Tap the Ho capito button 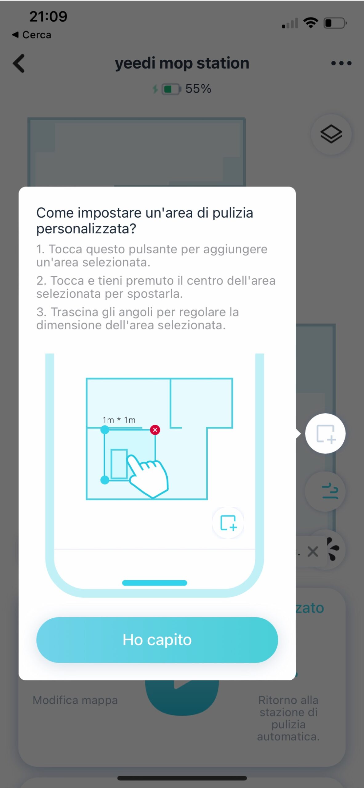(x=157, y=640)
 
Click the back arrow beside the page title (x=19, y=63)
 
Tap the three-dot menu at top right (x=341, y=63)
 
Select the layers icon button (x=331, y=134)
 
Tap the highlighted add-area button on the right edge (x=325, y=433)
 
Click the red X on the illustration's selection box (x=155, y=430)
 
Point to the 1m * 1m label (x=119, y=420)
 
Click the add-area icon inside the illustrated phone (x=228, y=523)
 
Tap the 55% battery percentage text (x=198, y=89)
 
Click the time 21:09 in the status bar (x=48, y=16)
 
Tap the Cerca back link (x=32, y=35)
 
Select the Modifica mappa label (x=75, y=700)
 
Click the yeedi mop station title (x=182, y=63)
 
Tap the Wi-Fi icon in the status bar (x=311, y=23)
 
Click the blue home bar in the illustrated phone (x=154, y=583)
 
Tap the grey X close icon (x=313, y=552)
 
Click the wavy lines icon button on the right (x=330, y=491)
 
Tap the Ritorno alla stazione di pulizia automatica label (x=288, y=718)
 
